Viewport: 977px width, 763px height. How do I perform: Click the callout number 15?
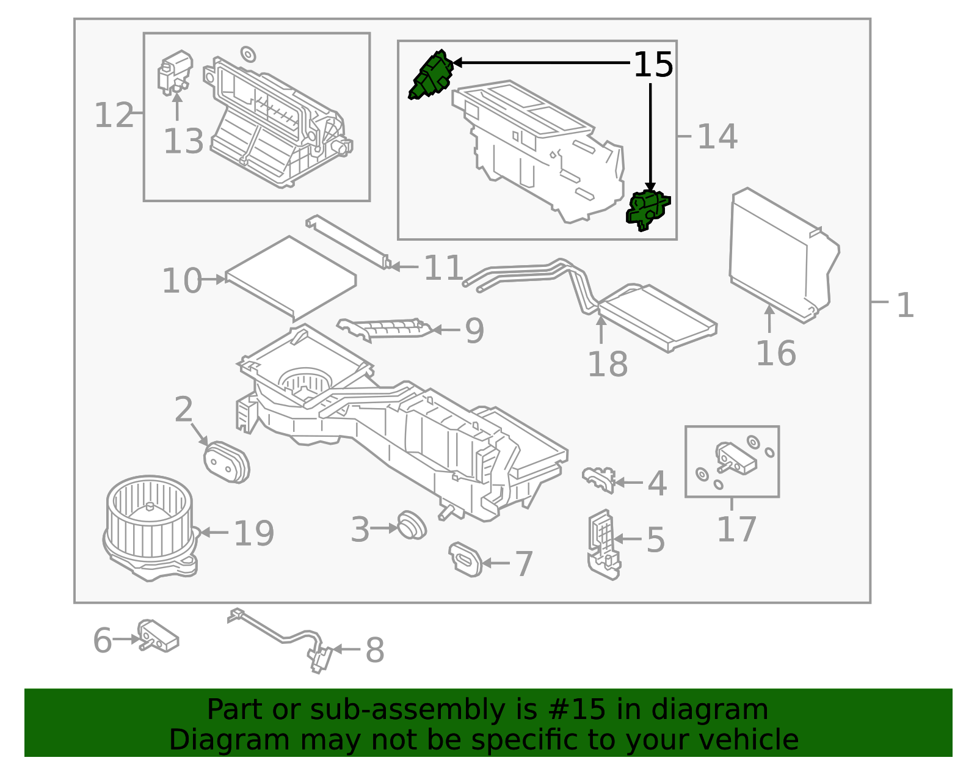653,65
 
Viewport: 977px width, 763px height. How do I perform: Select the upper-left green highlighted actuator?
431,75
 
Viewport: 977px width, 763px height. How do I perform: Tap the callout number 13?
183,142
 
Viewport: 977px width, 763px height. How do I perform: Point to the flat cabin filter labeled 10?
291,278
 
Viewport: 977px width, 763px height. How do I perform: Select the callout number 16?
775,354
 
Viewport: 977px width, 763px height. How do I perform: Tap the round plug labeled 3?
411,525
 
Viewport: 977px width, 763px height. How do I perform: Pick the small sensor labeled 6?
158,635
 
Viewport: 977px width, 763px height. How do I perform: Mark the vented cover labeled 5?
603,544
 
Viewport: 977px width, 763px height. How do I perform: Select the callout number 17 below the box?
736,529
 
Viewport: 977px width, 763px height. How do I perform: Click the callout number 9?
474,330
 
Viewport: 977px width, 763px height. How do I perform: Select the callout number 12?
114,115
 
